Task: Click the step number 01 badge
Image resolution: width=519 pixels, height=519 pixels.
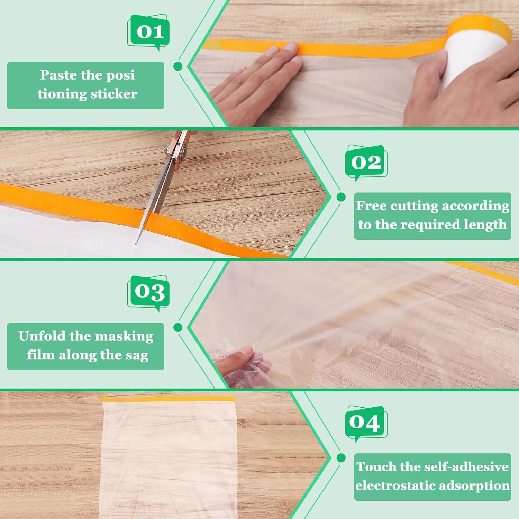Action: coord(149,31)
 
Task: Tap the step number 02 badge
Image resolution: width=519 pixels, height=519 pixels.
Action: coord(366,162)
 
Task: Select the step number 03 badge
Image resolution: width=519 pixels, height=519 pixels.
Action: coord(149,292)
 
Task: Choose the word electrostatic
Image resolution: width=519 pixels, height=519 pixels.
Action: coord(393,485)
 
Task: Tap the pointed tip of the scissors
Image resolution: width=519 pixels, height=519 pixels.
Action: coord(136,243)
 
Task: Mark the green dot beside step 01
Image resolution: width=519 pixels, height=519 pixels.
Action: coord(178,66)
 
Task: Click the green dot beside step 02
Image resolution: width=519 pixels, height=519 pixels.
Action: coord(341,197)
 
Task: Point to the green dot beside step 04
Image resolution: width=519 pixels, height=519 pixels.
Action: coord(341,458)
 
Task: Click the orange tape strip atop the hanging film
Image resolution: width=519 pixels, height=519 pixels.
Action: coord(168,399)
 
